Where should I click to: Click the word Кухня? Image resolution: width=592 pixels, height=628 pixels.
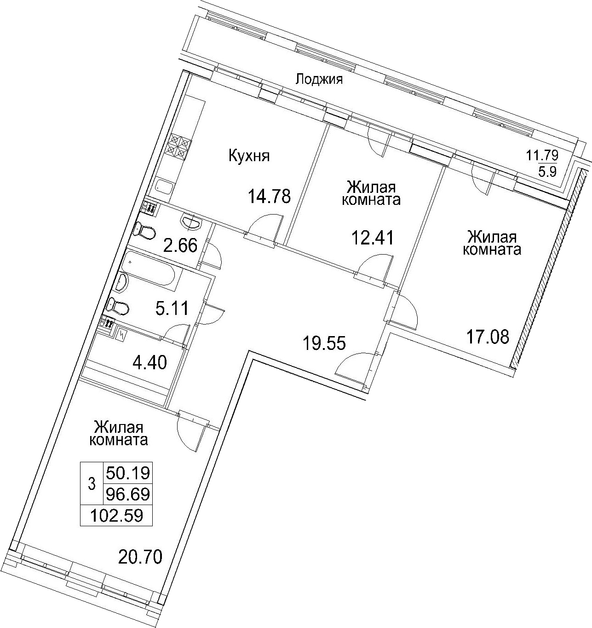point(249,156)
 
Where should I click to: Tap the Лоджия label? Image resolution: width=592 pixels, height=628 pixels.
point(319,79)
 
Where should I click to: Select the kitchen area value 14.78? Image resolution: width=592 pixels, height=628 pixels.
point(269,196)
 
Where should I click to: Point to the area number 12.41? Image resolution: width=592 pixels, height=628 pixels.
point(373,238)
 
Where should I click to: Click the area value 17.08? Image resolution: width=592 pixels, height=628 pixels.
point(488,337)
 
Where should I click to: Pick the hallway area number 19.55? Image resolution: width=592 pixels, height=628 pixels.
point(324,343)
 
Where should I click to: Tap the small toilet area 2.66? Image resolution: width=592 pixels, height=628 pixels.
point(180,245)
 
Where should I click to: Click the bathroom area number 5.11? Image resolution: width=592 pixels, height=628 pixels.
point(172,308)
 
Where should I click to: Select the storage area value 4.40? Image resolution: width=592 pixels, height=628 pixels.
point(149,363)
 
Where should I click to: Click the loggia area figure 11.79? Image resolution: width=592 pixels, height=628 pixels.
point(542,155)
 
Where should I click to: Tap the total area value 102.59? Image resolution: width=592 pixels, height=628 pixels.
point(117,516)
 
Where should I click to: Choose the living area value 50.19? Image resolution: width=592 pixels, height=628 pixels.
point(128,473)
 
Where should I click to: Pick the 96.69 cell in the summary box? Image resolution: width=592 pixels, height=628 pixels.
point(128,494)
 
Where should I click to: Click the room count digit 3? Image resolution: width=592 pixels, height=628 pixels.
point(92,484)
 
